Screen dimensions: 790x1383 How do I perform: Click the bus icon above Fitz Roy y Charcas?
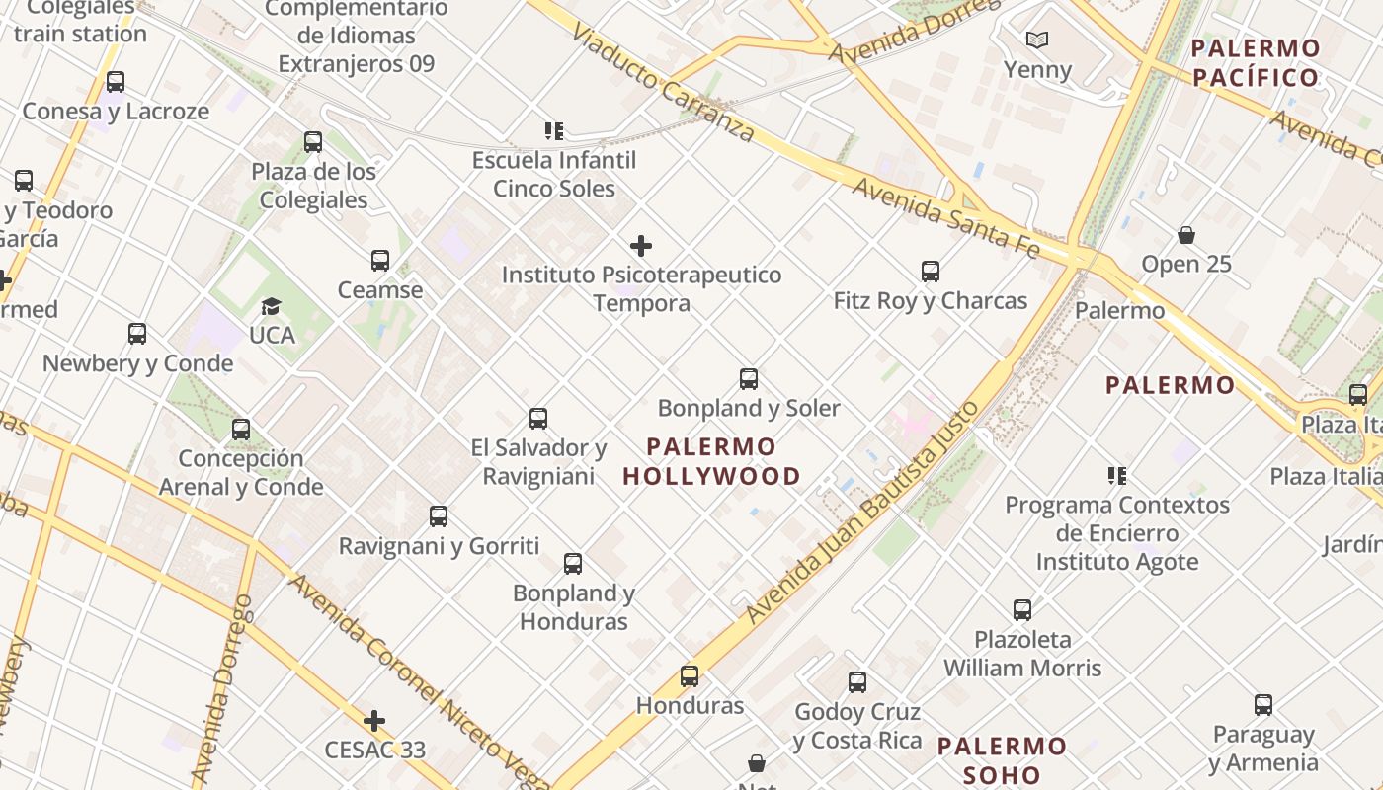(x=930, y=272)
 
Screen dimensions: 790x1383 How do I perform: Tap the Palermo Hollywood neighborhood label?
(x=711, y=461)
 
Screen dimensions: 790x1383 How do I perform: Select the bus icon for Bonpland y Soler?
(x=749, y=379)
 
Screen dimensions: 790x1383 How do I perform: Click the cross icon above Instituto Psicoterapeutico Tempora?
(x=641, y=246)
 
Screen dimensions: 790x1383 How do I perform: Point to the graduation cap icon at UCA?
(x=271, y=307)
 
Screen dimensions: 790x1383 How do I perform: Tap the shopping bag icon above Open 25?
(x=1185, y=236)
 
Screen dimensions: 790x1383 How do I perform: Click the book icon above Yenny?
(x=1036, y=40)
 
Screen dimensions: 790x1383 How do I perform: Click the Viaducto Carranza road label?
(x=663, y=84)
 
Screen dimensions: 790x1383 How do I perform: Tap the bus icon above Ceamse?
(x=380, y=261)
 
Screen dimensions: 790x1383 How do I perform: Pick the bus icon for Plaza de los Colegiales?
(x=313, y=142)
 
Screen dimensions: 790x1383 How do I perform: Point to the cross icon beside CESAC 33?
(x=373, y=721)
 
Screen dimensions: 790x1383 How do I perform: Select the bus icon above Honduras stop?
(x=690, y=676)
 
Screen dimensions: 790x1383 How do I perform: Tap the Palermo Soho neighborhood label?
(x=1002, y=760)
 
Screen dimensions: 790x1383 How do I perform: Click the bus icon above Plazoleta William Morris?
(x=1022, y=610)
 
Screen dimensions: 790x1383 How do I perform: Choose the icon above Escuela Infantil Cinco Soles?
(x=554, y=130)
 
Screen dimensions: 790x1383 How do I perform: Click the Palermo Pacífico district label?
(x=1255, y=62)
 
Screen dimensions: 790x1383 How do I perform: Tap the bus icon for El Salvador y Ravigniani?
(x=538, y=419)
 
